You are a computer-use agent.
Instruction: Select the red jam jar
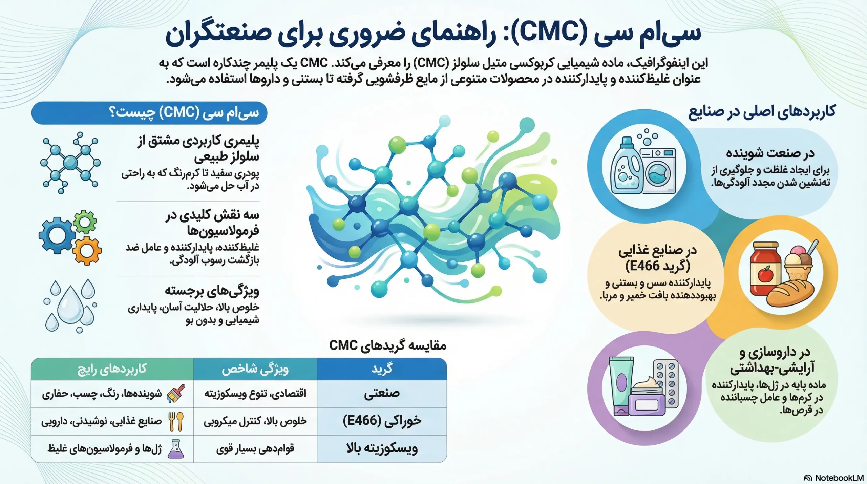coord(765,268)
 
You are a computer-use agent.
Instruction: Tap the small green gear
coord(85,222)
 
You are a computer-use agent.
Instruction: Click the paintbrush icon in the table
coord(176,393)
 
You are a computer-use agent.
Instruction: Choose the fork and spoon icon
coord(176,421)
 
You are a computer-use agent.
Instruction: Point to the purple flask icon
coord(176,449)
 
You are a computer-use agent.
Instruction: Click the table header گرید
coord(382,369)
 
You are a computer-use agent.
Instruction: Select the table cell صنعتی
coord(382,393)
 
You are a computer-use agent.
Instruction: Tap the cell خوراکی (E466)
coord(382,421)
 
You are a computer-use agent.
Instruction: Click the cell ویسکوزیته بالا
coord(382,449)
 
